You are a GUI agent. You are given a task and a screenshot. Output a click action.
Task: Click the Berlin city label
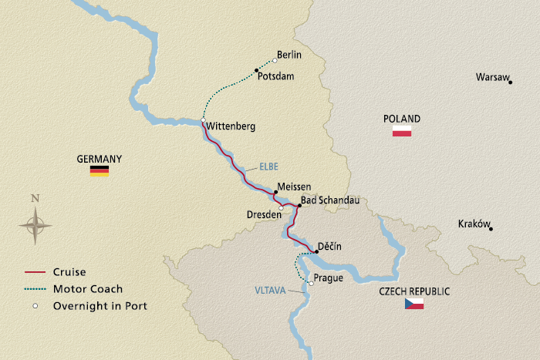(x=289, y=56)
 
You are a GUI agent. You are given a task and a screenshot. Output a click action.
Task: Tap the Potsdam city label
(x=276, y=77)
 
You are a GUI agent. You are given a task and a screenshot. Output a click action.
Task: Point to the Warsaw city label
(x=491, y=78)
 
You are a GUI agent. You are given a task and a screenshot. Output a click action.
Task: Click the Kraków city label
(x=474, y=224)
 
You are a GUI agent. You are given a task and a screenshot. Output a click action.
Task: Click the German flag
(x=100, y=171)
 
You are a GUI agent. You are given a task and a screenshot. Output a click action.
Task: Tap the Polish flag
(x=402, y=132)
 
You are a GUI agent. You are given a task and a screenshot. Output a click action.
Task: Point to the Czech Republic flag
(x=414, y=304)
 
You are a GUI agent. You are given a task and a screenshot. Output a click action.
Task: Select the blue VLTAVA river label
(x=270, y=291)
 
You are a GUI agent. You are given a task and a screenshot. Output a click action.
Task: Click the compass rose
(x=35, y=225)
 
